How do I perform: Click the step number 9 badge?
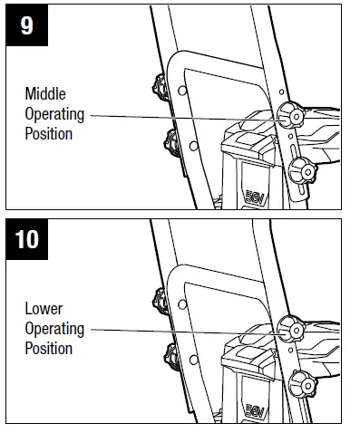[27, 24]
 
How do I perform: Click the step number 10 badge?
[28, 240]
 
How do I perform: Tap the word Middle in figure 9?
[45, 94]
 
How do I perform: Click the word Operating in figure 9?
[54, 114]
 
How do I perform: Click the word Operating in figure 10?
[54, 329]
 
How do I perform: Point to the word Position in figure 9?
[49, 134]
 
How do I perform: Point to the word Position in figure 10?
[49, 349]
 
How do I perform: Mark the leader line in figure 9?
[181, 116]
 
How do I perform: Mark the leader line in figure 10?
[181, 330]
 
